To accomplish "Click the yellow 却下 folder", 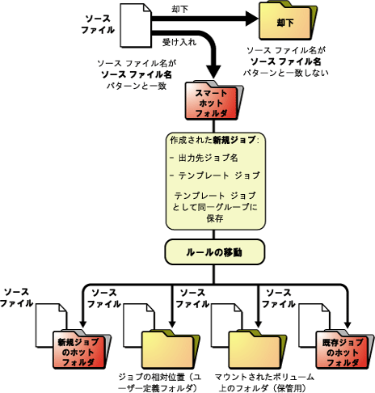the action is [288, 20].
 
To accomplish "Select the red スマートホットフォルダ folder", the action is [214, 100].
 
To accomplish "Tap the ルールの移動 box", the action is [215, 252].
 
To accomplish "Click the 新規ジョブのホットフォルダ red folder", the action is [82, 349].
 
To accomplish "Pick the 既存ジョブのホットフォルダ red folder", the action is [345, 349].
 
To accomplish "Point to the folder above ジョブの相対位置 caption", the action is [171, 349].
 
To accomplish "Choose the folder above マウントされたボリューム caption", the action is [257, 349].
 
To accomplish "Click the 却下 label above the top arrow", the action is [179, 10].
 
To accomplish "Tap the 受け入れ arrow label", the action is [179, 42].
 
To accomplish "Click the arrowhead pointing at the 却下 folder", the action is [252, 19].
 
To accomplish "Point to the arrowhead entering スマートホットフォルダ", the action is [214, 72].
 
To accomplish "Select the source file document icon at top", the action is [136, 25].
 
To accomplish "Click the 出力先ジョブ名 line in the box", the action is [208, 158].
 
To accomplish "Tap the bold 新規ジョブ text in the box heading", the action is [234, 140].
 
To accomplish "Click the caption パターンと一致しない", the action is [285, 73].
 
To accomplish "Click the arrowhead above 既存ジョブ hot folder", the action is [348, 325].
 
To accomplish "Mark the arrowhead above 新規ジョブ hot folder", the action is [83, 323].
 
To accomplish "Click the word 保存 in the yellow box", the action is [215, 218].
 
